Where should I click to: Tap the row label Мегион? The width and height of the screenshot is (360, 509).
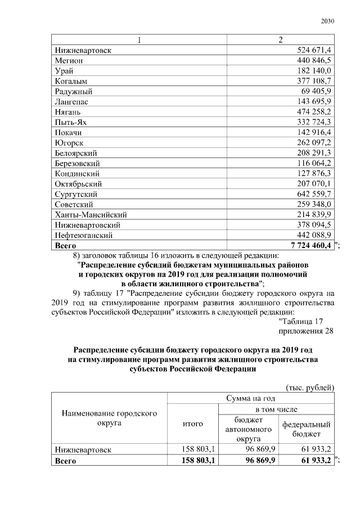point(69,60)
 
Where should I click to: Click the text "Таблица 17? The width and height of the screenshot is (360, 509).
point(301,321)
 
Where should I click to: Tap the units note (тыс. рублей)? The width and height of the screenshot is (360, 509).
point(309,388)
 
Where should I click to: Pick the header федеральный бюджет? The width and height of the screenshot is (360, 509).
point(306,430)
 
